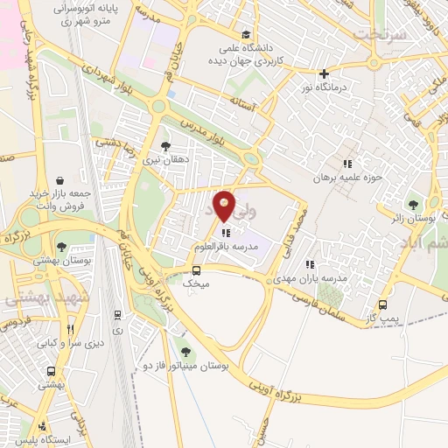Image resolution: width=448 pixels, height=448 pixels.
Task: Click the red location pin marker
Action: (x=225, y=206)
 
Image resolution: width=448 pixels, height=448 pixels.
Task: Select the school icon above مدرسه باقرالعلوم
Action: (x=226, y=234)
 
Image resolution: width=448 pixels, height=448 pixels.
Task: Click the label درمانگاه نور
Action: (x=325, y=87)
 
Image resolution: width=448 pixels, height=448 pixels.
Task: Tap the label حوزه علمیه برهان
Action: (x=350, y=178)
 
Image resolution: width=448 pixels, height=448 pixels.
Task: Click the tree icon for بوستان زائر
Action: (x=413, y=204)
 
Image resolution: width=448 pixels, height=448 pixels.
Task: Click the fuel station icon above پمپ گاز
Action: (x=383, y=306)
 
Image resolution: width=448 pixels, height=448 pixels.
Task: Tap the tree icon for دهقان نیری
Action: (x=165, y=147)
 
